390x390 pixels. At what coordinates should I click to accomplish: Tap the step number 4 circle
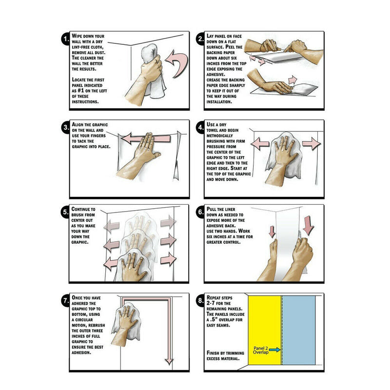coord(200,128)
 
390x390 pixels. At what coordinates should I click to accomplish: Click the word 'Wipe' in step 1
coord(78,37)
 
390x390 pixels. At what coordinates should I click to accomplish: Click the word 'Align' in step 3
coord(79,125)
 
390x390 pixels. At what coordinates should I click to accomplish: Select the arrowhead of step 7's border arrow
coord(169,361)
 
